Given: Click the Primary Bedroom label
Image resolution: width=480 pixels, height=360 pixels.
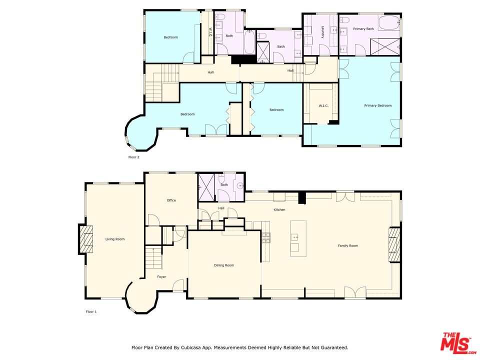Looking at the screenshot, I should pos(377,105).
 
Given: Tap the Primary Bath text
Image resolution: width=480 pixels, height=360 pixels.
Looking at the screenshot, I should pos(363,29).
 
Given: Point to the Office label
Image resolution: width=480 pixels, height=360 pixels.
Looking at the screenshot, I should pos(171,200).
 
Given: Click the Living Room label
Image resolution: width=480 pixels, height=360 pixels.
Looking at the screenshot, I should pos(114,239).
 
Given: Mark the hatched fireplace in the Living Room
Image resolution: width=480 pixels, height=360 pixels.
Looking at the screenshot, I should pos(86,240).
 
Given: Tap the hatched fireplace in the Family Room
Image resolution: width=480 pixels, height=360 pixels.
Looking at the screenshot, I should pos(394,245).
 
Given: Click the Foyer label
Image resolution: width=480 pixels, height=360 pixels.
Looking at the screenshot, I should pos(161,276).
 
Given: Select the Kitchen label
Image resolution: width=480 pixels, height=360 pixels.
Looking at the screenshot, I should pos(279,209).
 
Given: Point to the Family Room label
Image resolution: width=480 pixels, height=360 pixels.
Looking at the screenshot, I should pos(348,245).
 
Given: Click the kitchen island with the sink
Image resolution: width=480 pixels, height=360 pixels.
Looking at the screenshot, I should pos(298,238).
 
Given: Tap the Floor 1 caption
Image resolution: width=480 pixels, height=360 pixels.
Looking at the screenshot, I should pos(91,311).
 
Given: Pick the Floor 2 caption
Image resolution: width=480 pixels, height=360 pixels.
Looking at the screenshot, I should pos(133,157).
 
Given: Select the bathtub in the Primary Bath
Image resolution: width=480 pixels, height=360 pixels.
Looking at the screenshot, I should pos(388,23).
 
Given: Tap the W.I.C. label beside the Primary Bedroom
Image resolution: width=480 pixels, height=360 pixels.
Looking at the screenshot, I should pos(322,105).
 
